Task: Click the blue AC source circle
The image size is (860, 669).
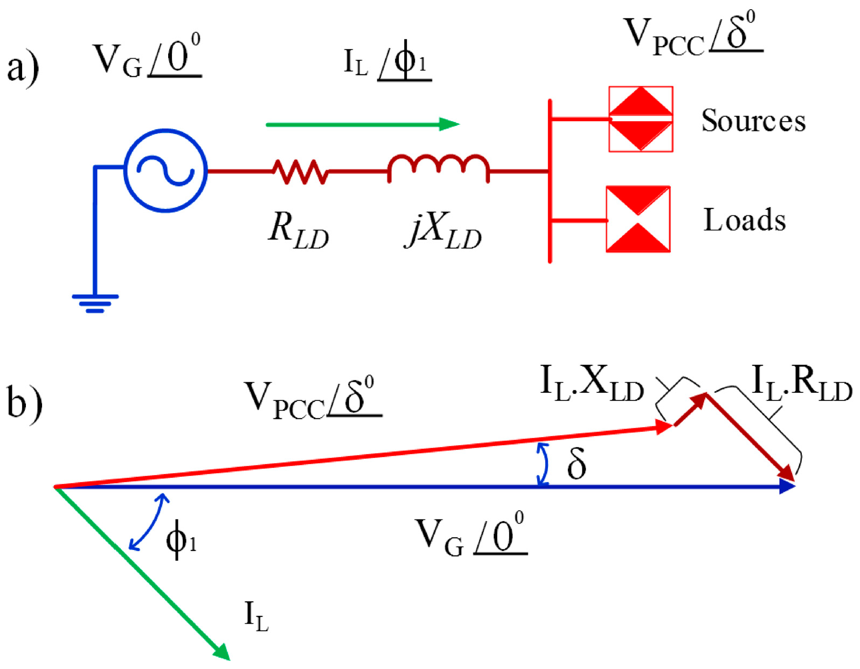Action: point(165,171)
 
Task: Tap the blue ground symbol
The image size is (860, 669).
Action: point(95,302)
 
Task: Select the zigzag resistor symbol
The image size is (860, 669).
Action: point(300,172)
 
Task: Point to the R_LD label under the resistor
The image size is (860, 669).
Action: point(298,233)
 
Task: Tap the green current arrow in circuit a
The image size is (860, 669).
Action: point(362,124)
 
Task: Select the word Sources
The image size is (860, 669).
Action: point(753,121)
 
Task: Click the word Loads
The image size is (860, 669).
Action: point(745,220)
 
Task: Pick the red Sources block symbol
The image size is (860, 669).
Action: point(641,119)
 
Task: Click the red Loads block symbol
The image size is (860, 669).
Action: point(638,219)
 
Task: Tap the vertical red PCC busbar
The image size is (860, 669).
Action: point(550,181)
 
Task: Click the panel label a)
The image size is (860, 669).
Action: point(22,69)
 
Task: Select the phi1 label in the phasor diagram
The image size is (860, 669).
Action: point(181,541)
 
